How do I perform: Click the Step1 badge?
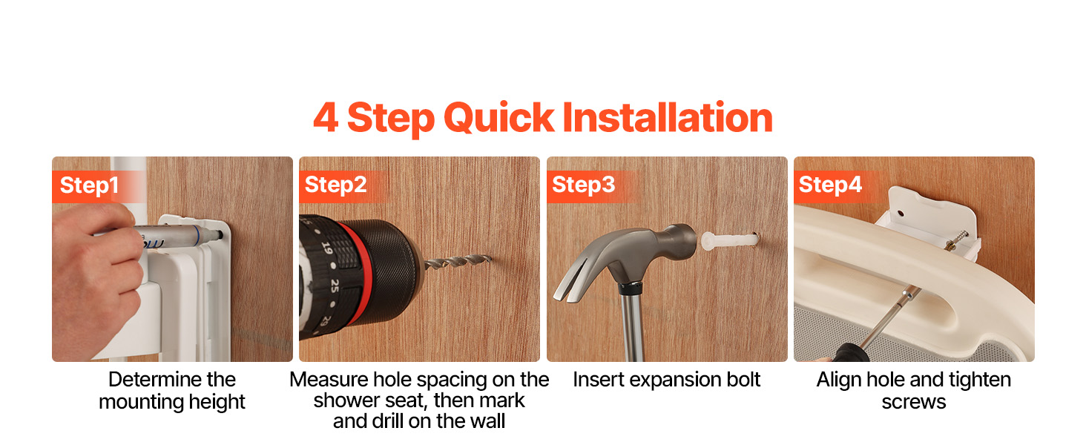(x=89, y=186)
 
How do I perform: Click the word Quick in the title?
(x=498, y=118)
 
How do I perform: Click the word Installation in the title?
(x=668, y=118)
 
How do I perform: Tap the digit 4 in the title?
(x=326, y=117)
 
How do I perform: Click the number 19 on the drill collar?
(x=327, y=248)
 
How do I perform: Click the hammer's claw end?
(x=577, y=281)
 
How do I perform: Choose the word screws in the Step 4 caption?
(x=913, y=402)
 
